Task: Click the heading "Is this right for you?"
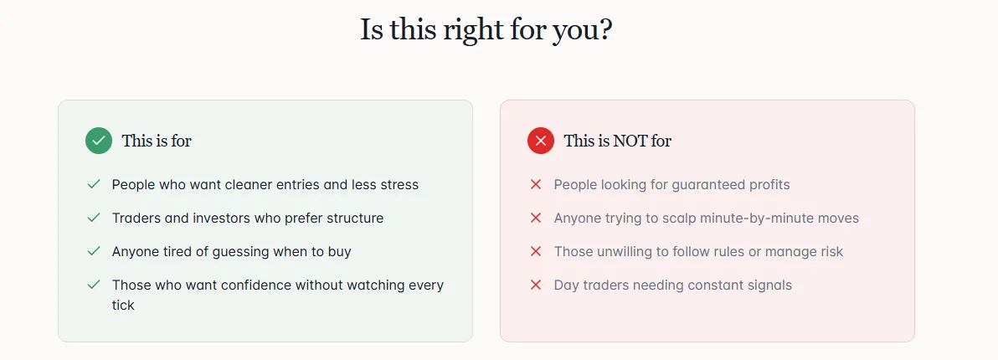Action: (x=486, y=30)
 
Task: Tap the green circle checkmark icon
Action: (x=99, y=141)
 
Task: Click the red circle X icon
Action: (x=540, y=141)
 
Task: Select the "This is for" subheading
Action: (x=157, y=141)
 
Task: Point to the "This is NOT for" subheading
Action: (x=617, y=141)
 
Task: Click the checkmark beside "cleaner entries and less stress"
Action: (x=94, y=184)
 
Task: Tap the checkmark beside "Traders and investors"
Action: (x=94, y=219)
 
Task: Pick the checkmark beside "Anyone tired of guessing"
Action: (x=94, y=251)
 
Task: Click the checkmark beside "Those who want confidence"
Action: (x=94, y=285)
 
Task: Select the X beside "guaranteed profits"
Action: (x=535, y=184)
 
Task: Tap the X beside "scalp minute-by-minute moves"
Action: (x=535, y=219)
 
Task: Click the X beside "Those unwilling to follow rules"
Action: (x=535, y=251)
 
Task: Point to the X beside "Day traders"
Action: (x=535, y=285)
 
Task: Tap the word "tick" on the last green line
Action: (x=123, y=306)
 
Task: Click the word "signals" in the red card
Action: (x=769, y=285)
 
